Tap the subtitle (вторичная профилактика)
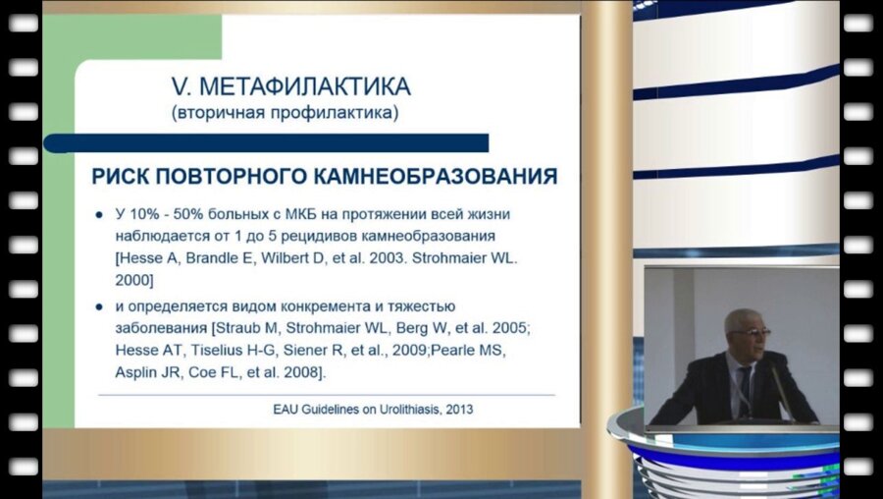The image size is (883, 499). [x=286, y=113]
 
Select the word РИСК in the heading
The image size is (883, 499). [x=123, y=177]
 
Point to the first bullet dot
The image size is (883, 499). [x=98, y=214]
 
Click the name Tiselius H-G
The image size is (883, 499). [x=210, y=352]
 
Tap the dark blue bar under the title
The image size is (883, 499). [x=265, y=143]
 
